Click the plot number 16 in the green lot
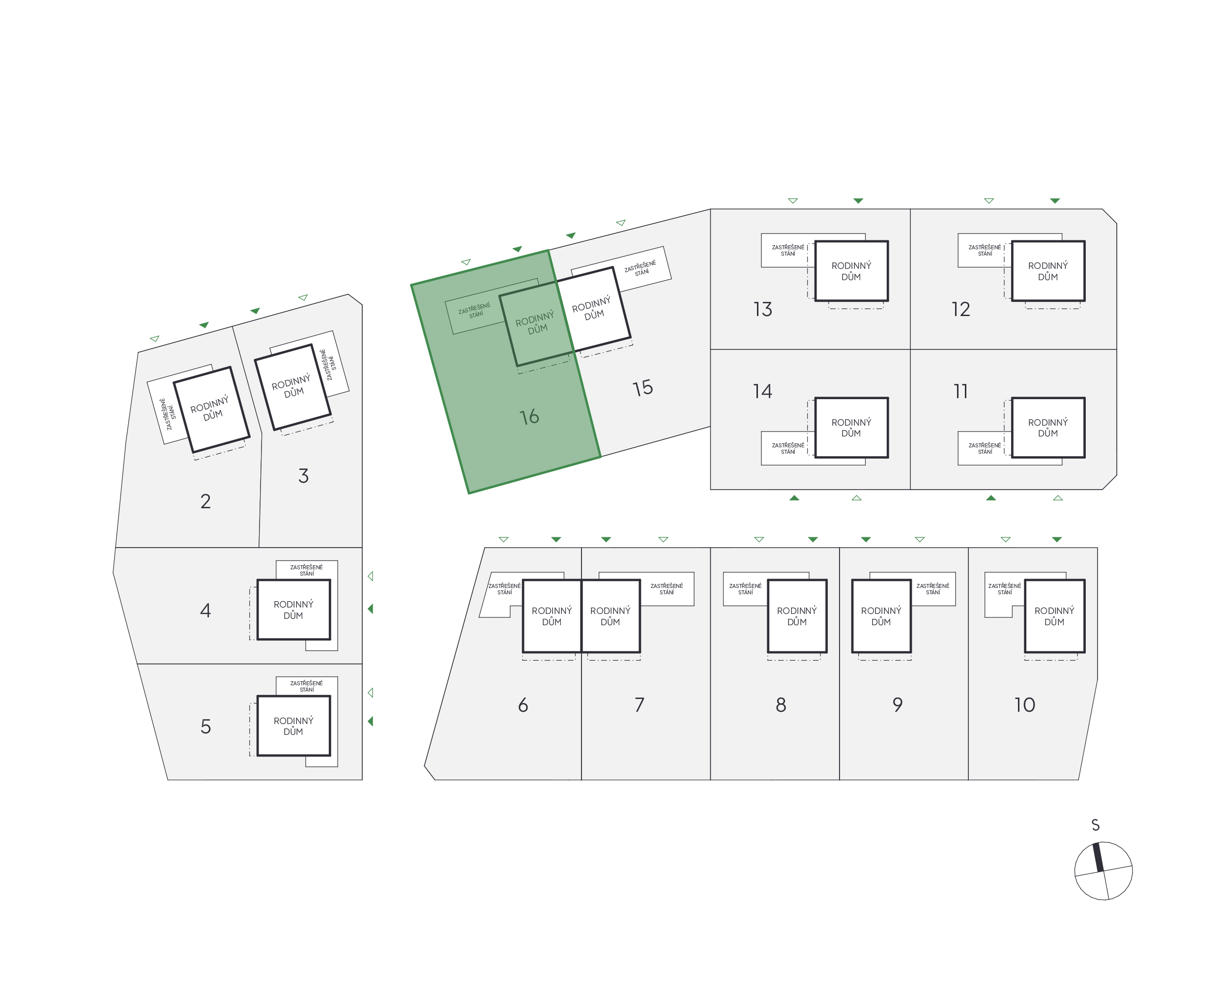pyautogui.click(x=529, y=417)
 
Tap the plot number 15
pyautogui.click(x=642, y=388)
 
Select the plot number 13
pyautogui.click(x=762, y=309)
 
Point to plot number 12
pyautogui.click(x=960, y=309)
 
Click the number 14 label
pyautogui.click(x=762, y=391)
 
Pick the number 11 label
pyautogui.click(x=960, y=391)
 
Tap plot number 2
pyautogui.click(x=205, y=501)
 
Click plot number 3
pyautogui.click(x=303, y=475)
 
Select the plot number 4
pyautogui.click(x=205, y=610)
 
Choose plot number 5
pyautogui.click(x=205, y=726)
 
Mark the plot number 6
pyautogui.click(x=523, y=705)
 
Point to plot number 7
pyautogui.click(x=639, y=705)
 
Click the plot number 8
pyautogui.click(x=781, y=705)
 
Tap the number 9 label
pyautogui.click(x=897, y=705)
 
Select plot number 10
pyautogui.click(x=1024, y=705)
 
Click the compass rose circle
pyautogui.click(x=1103, y=871)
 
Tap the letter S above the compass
pyautogui.click(x=1095, y=825)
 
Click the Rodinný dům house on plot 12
pyautogui.click(x=1048, y=271)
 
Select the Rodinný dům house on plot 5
pyautogui.click(x=293, y=726)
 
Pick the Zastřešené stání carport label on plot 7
pyautogui.click(x=667, y=589)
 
